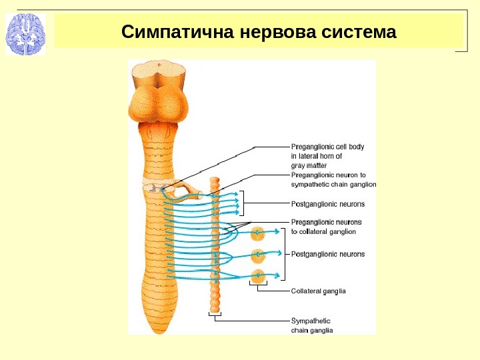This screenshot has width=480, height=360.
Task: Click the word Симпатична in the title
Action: (x=170, y=32)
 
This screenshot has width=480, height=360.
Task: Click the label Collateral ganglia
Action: (x=319, y=291)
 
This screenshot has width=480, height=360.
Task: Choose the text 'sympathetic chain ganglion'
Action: (x=334, y=183)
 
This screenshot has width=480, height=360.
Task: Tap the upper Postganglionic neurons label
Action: (x=328, y=203)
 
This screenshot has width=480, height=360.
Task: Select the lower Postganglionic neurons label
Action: (x=328, y=254)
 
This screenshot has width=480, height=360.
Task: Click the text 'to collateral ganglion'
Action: (x=324, y=231)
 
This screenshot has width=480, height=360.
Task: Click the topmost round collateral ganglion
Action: (x=257, y=233)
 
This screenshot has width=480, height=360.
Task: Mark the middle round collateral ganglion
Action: (x=257, y=254)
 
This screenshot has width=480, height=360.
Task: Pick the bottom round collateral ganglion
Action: (x=257, y=275)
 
